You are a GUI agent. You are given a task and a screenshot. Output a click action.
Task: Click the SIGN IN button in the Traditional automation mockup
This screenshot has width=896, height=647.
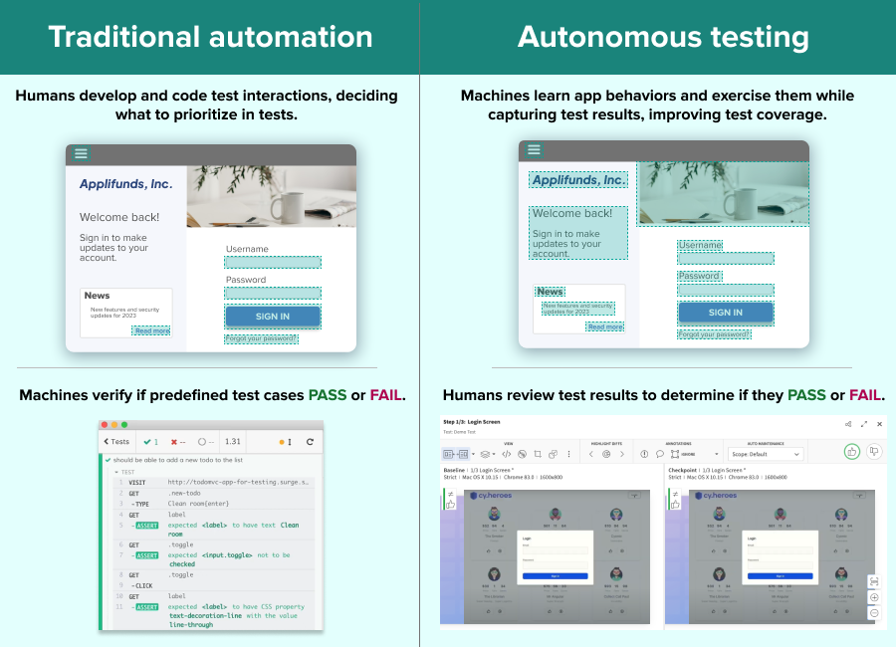pos(272,317)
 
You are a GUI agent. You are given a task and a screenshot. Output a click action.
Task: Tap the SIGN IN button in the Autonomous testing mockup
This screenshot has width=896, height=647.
pos(725,313)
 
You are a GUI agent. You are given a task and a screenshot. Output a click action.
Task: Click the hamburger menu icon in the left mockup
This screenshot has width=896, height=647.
pos(82,153)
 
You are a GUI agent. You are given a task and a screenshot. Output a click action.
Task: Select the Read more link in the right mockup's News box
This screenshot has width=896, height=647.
pos(604,326)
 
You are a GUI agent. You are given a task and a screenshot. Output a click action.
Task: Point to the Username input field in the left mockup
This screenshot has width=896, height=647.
pos(272,263)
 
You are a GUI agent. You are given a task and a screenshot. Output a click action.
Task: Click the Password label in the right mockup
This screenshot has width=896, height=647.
pos(699,276)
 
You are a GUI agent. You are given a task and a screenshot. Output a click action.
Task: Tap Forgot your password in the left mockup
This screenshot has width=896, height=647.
pos(261,338)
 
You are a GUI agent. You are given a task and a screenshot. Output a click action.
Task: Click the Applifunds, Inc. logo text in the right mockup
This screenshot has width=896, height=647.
pos(578,180)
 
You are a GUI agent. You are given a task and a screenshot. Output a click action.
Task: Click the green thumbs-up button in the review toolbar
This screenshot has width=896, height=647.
pos(852,451)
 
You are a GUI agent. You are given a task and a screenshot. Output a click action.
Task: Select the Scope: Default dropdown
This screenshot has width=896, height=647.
pos(766,454)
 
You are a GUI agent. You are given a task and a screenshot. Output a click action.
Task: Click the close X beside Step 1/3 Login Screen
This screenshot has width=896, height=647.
pos(879,423)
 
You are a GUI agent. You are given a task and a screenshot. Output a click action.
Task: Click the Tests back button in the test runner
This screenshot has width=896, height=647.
pos(116,442)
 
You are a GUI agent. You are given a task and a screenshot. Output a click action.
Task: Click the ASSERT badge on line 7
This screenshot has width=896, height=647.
pos(146,555)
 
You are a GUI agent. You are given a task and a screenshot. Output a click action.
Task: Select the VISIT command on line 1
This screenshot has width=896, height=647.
pos(137,482)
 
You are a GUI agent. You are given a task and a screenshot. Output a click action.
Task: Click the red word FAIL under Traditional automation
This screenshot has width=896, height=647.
pos(385,395)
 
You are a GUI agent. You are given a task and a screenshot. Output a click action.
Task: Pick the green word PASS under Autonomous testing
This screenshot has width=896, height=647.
pos(806,395)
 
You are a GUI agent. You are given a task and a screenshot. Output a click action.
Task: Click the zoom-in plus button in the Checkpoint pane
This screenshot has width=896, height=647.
pos(873,597)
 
